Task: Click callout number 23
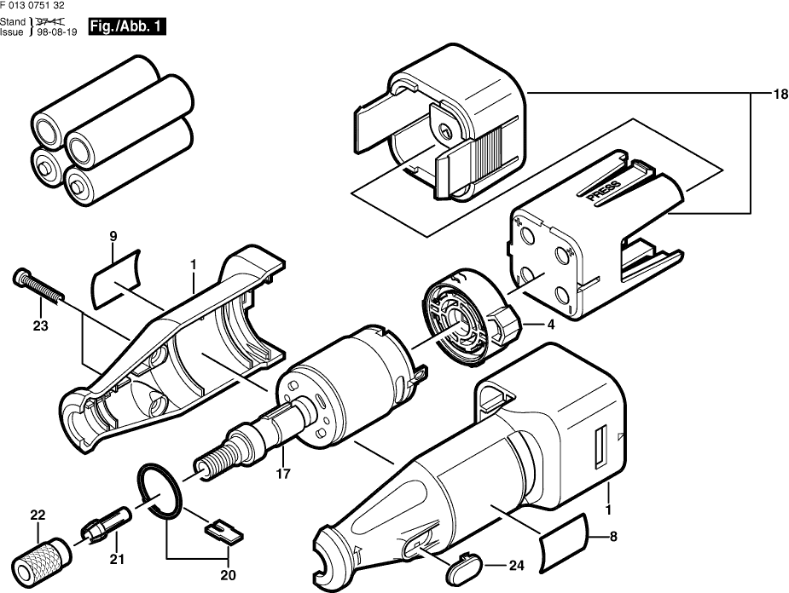tap(40, 325)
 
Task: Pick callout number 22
tap(38, 514)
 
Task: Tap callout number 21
tap(117, 559)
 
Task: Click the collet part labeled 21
tap(107, 521)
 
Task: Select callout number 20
tap(227, 575)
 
